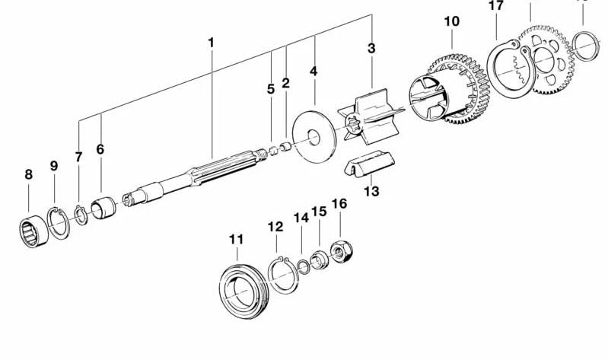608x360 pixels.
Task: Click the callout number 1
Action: coord(211,43)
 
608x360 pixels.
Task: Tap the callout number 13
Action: coord(371,191)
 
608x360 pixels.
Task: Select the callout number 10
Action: coord(452,21)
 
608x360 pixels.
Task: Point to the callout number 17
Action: coord(495,6)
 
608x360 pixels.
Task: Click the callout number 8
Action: coord(29,174)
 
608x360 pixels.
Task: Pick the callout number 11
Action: coord(237,240)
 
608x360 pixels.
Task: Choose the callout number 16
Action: coord(339,204)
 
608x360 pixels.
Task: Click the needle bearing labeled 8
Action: coord(33,230)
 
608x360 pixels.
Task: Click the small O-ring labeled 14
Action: coord(303,266)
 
